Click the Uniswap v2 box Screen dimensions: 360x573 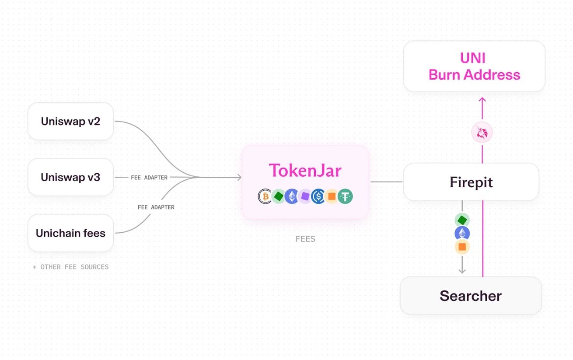[x=70, y=121]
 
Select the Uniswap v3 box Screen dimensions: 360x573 [x=70, y=177]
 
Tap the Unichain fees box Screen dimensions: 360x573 [x=70, y=233]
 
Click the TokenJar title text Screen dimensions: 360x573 [x=305, y=170]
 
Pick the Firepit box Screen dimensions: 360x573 [x=471, y=182]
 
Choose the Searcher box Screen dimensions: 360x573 [x=471, y=296]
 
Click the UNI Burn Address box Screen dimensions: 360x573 [x=474, y=66]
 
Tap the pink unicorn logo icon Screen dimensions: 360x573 [x=482, y=132]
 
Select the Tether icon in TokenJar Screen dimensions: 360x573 [x=345, y=197]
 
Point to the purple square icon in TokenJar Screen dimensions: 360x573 [x=305, y=197]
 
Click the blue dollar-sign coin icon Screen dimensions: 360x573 [x=318, y=197]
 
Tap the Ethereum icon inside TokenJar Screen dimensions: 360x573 [x=292, y=197]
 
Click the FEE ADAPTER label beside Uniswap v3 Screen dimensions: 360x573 [x=149, y=178]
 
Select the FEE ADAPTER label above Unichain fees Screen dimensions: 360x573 [x=156, y=207]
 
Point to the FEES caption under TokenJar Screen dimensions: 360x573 [x=305, y=239]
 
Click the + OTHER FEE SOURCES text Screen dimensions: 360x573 [x=70, y=267]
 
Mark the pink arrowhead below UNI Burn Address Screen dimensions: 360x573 [x=482, y=100]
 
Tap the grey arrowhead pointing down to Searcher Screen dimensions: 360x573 [x=462, y=271]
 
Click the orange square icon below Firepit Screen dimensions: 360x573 [x=462, y=247]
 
